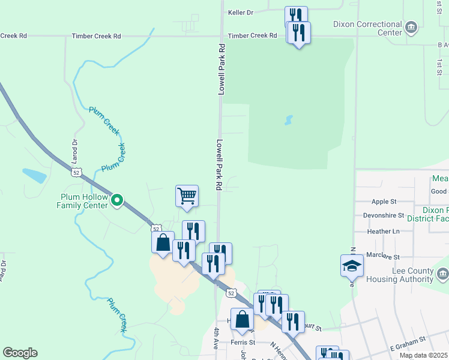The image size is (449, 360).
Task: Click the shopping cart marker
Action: point(187,196)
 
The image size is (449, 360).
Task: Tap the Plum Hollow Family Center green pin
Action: point(118,200)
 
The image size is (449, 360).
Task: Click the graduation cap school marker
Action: point(352,266)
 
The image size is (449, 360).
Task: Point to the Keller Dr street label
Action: point(241,12)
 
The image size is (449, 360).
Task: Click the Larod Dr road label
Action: point(75,152)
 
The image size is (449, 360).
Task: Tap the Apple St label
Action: point(384,202)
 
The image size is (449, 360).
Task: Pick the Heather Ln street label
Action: point(382,231)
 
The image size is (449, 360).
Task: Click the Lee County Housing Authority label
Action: point(412,275)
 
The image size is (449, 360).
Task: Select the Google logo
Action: point(20,353)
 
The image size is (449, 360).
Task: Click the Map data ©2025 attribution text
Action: point(423,355)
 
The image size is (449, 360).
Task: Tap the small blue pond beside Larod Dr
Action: point(34,175)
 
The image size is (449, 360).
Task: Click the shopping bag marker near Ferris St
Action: point(243,320)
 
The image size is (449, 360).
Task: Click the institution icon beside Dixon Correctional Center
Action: point(412,27)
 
